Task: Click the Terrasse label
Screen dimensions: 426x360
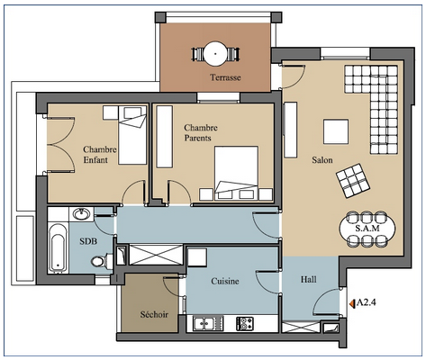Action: (225, 77)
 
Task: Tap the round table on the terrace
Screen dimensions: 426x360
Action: (215, 54)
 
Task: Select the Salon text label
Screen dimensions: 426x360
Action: (322, 159)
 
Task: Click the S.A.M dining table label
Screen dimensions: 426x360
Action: (367, 229)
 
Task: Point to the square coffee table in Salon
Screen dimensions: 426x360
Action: (336, 131)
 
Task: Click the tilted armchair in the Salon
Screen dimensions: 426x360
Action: (353, 181)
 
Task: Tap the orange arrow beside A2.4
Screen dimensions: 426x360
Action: (352, 303)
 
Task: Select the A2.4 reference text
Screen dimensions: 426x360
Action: (366, 302)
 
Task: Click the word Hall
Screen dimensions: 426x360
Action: (308, 280)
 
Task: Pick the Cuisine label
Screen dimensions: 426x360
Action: (225, 281)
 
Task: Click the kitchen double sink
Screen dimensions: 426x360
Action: (204, 323)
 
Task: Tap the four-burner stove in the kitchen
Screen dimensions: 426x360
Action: (245, 324)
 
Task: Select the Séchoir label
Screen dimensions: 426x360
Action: (154, 314)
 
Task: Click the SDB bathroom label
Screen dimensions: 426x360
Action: (88, 241)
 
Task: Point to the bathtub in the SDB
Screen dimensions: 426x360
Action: (58, 248)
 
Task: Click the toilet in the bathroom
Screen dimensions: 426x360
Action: (101, 261)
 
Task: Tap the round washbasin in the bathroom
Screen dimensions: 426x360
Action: (81, 214)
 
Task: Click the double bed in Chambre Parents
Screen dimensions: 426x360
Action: (236, 173)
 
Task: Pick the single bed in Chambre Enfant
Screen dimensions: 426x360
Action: (132, 135)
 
